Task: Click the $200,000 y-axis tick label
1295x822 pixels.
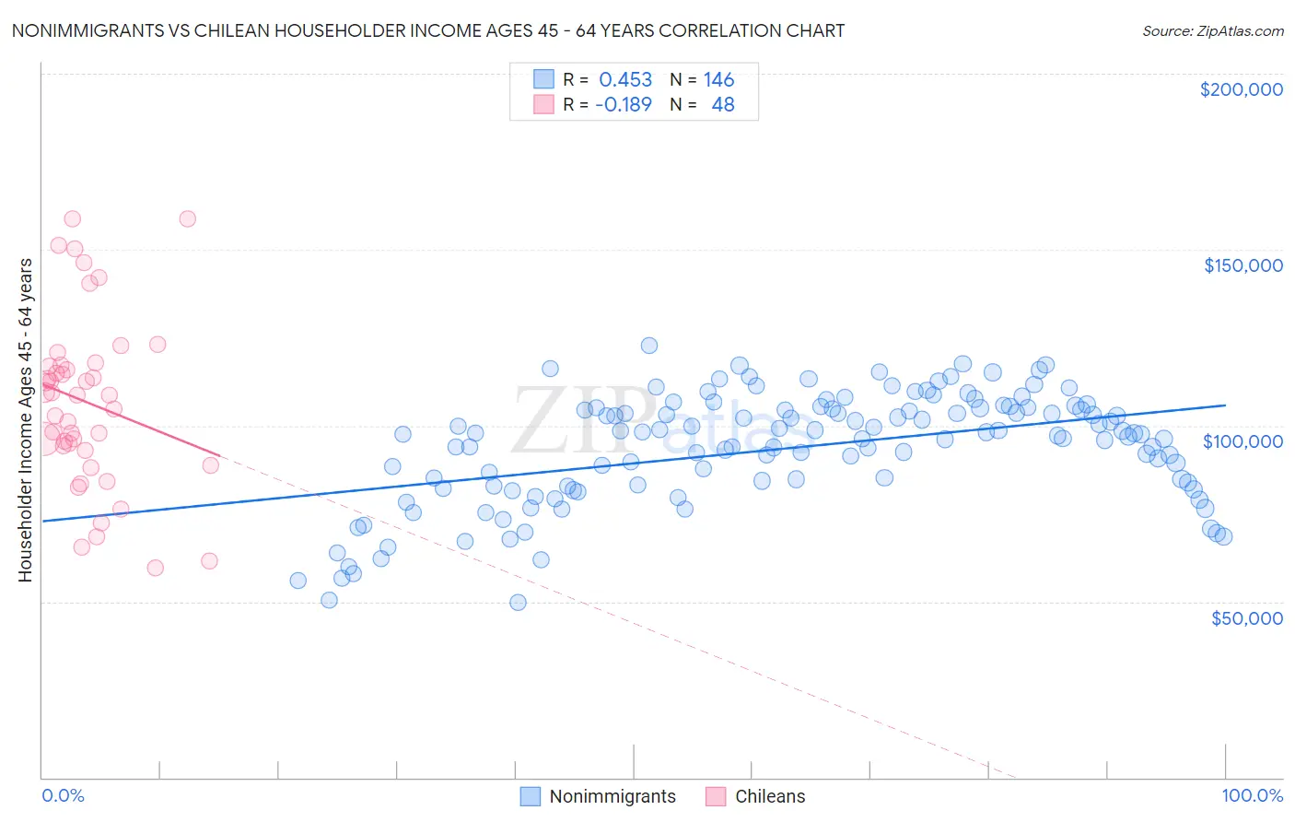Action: [1241, 89]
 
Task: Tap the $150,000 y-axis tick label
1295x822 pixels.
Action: [1242, 265]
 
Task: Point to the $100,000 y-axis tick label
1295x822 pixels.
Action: [1242, 441]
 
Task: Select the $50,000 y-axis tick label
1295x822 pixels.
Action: [1246, 618]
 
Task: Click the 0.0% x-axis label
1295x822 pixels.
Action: [63, 796]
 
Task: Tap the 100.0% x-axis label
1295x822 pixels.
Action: [1252, 796]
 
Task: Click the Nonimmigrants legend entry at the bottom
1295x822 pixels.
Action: [612, 797]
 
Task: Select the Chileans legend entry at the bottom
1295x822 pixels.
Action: [769, 797]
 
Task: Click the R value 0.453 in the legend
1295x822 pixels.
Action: [625, 80]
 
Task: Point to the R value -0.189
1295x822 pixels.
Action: [624, 105]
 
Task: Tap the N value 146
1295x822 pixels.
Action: [718, 80]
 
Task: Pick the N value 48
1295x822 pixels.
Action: [723, 105]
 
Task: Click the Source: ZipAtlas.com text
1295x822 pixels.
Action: [1212, 31]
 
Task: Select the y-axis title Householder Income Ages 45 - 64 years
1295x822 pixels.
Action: [25, 420]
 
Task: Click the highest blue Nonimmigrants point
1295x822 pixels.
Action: [648, 346]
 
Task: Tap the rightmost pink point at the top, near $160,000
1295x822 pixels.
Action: [187, 219]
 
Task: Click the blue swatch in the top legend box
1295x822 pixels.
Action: [543, 80]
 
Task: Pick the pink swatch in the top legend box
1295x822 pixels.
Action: [543, 105]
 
